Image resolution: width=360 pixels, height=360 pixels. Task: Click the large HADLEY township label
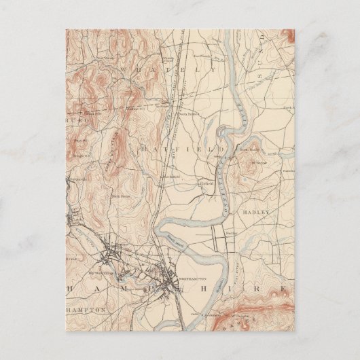coord(259,212)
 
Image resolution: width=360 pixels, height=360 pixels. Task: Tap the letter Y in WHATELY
coord(213,70)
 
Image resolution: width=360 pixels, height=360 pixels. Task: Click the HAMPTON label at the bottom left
coord(87,310)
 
